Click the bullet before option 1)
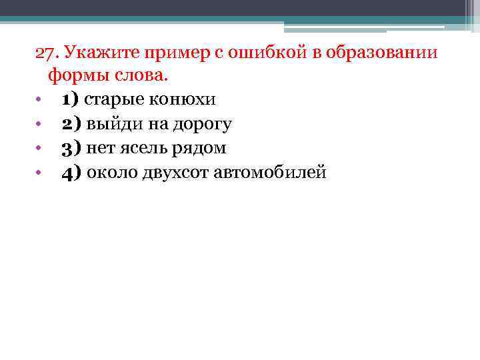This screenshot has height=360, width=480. [x=40, y=100]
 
